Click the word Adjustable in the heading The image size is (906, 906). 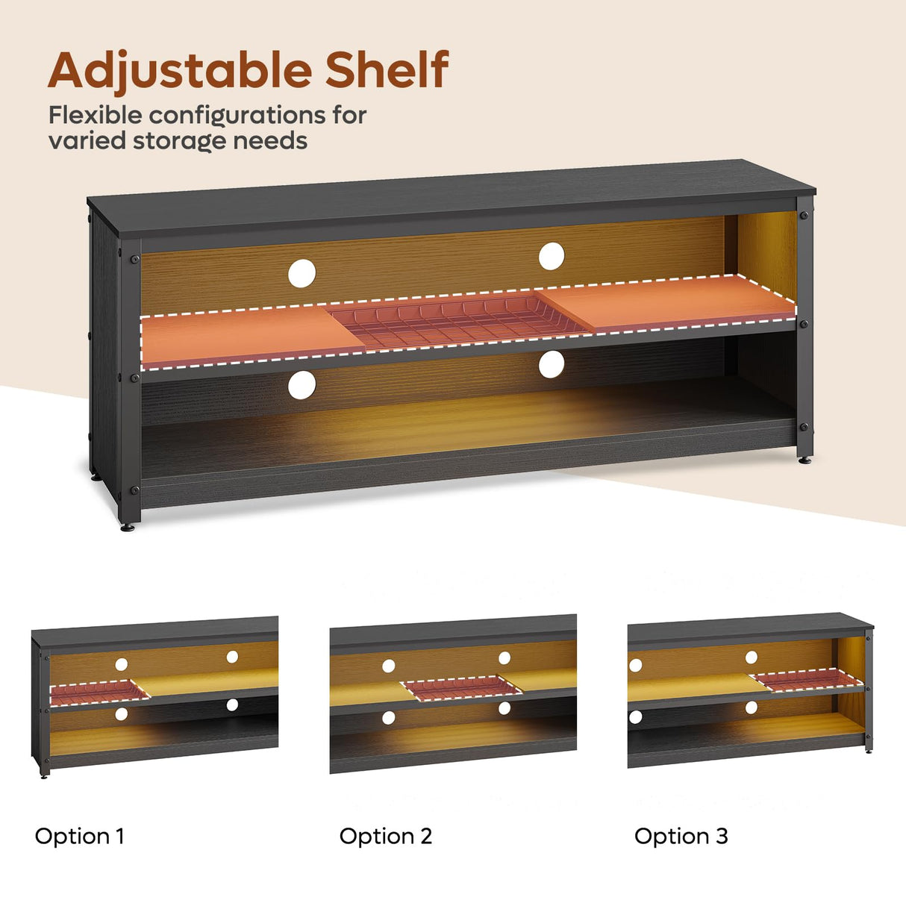click(180, 70)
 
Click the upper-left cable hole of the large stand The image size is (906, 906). click(302, 274)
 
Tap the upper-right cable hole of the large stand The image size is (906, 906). click(552, 256)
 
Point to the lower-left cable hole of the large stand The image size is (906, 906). click(302, 385)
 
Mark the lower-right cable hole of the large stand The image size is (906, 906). click(552, 364)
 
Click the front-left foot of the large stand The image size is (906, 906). click(127, 527)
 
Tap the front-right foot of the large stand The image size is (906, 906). click(805, 460)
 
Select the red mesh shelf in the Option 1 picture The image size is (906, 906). click(99, 693)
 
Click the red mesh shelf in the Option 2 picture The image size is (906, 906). click(461, 688)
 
